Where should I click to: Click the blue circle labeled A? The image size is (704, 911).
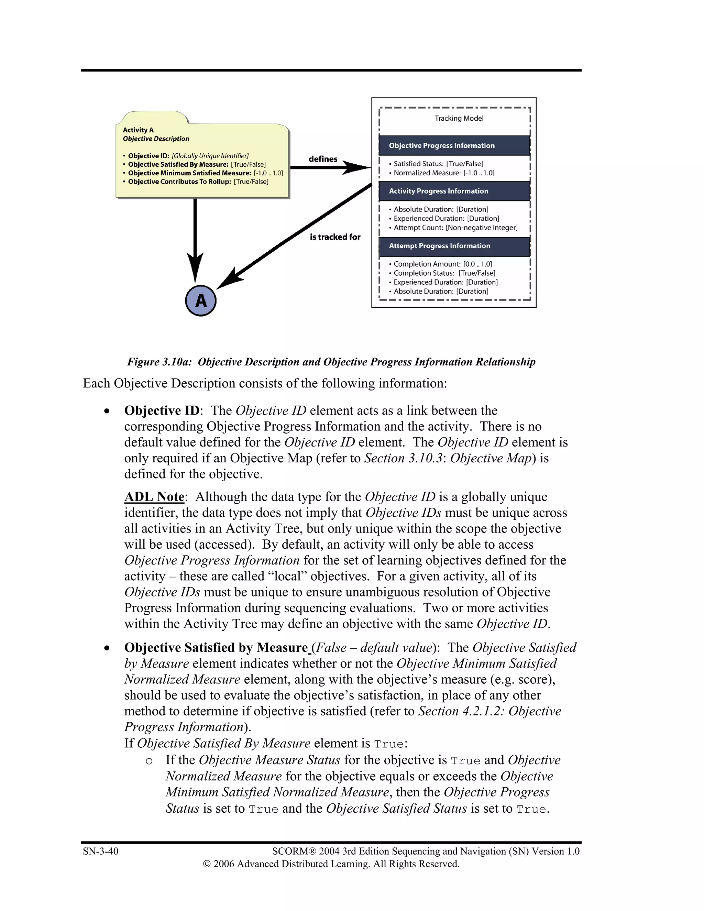pyautogui.click(x=201, y=300)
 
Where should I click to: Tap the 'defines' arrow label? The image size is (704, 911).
pyautogui.click(x=323, y=159)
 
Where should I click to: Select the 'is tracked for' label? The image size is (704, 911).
pyautogui.click(x=335, y=237)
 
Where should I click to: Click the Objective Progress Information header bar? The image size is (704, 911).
pyautogui.click(x=454, y=145)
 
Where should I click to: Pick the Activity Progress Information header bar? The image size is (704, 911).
pyautogui.click(x=454, y=191)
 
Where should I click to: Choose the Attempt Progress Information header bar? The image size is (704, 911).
pyautogui.click(x=454, y=246)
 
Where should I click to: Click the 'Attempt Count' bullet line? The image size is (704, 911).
pyautogui.click(x=455, y=228)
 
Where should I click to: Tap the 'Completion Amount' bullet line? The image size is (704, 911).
pyautogui.click(x=442, y=264)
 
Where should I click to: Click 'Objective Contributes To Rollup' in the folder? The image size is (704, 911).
pyautogui.click(x=179, y=182)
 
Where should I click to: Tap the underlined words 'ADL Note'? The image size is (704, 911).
pyautogui.click(x=154, y=497)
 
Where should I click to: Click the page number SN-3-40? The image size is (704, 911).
pyautogui.click(x=100, y=851)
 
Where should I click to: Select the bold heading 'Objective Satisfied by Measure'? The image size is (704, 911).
pyautogui.click(x=216, y=647)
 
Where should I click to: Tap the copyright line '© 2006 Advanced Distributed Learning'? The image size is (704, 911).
pyautogui.click(x=331, y=864)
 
